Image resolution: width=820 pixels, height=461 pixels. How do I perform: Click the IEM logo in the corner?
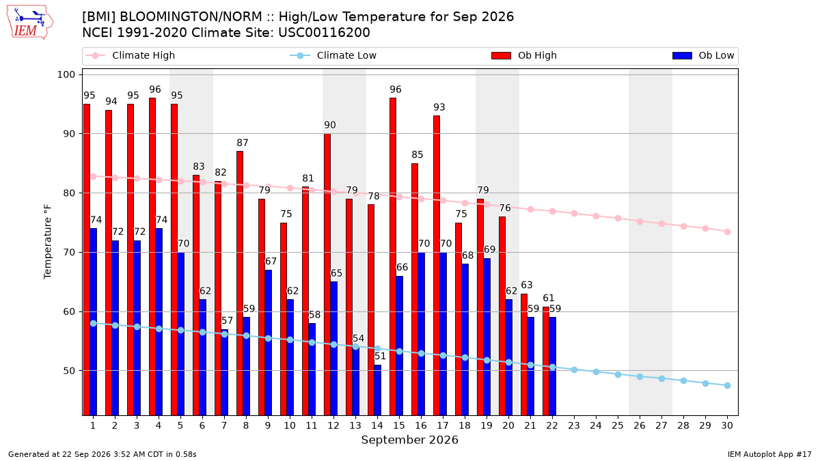pyautogui.click(x=29, y=23)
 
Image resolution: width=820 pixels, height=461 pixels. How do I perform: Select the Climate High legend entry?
pyautogui.click(x=130, y=55)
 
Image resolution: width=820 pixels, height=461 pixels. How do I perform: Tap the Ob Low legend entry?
pyautogui.click(x=703, y=55)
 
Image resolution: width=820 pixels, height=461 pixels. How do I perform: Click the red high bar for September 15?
pyautogui.click(x=393, y=257)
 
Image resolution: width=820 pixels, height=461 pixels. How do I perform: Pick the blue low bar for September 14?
pyautogui.click(x=377, y=390)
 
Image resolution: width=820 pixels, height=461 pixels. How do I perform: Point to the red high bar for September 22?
pyautogui.click(x=546, y=361)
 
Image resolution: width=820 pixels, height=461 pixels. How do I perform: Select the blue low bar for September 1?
pyautogui.click(x=94, y=322)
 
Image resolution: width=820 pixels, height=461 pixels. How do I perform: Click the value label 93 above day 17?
pyautogui.click(x=439, y=107)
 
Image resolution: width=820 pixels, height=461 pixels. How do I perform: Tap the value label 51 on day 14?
pyautogui.click(x=380, y=356)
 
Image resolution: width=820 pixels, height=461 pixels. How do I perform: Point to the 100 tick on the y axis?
pyautogui.click(x=66, y=74)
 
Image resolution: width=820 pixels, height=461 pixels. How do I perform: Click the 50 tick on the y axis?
pyautogui.click(x=69, y=371)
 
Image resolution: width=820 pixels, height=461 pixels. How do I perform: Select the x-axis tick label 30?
pyautogui.click(x=727, y=425)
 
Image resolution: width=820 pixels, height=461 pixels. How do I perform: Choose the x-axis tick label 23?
pyautogui.click(x=574, y=425)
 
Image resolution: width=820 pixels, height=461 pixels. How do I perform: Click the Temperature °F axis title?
pyautogui.click(x=48, y=242)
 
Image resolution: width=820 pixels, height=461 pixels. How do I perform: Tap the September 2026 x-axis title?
pyautogui.click(x=409, y=440)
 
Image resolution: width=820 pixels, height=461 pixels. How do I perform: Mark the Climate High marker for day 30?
pyautogui.click(x=727, y=232)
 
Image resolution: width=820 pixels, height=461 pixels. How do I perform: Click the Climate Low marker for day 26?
pyautogui.click(x=640, y=376)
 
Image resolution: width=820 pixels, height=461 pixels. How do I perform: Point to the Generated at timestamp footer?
pyautogui.click(x=102, y=454)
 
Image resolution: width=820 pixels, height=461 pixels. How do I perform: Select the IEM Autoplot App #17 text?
pyautogui.click(x=769, y=454)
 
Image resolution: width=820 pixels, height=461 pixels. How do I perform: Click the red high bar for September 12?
pyautogui.click(x=327, y=275)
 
